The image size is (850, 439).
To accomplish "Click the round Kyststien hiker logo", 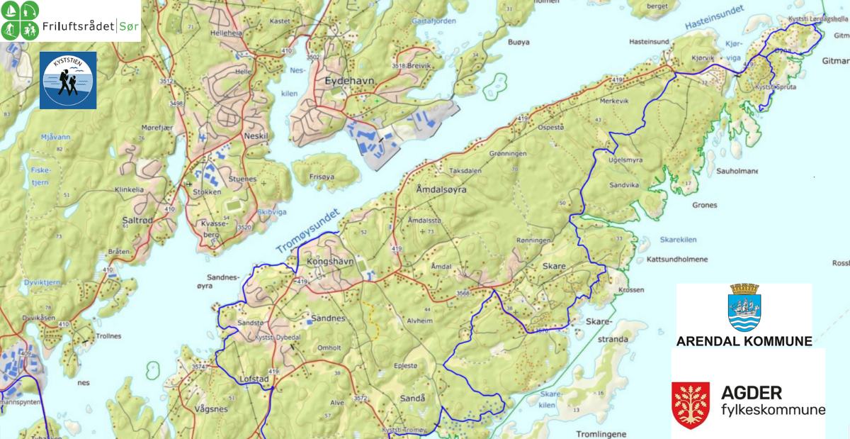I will [x=68, y=80].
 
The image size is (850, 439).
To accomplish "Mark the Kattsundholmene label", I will [x=677, y=260].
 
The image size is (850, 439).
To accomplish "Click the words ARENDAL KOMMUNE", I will [x=744, y=341].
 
